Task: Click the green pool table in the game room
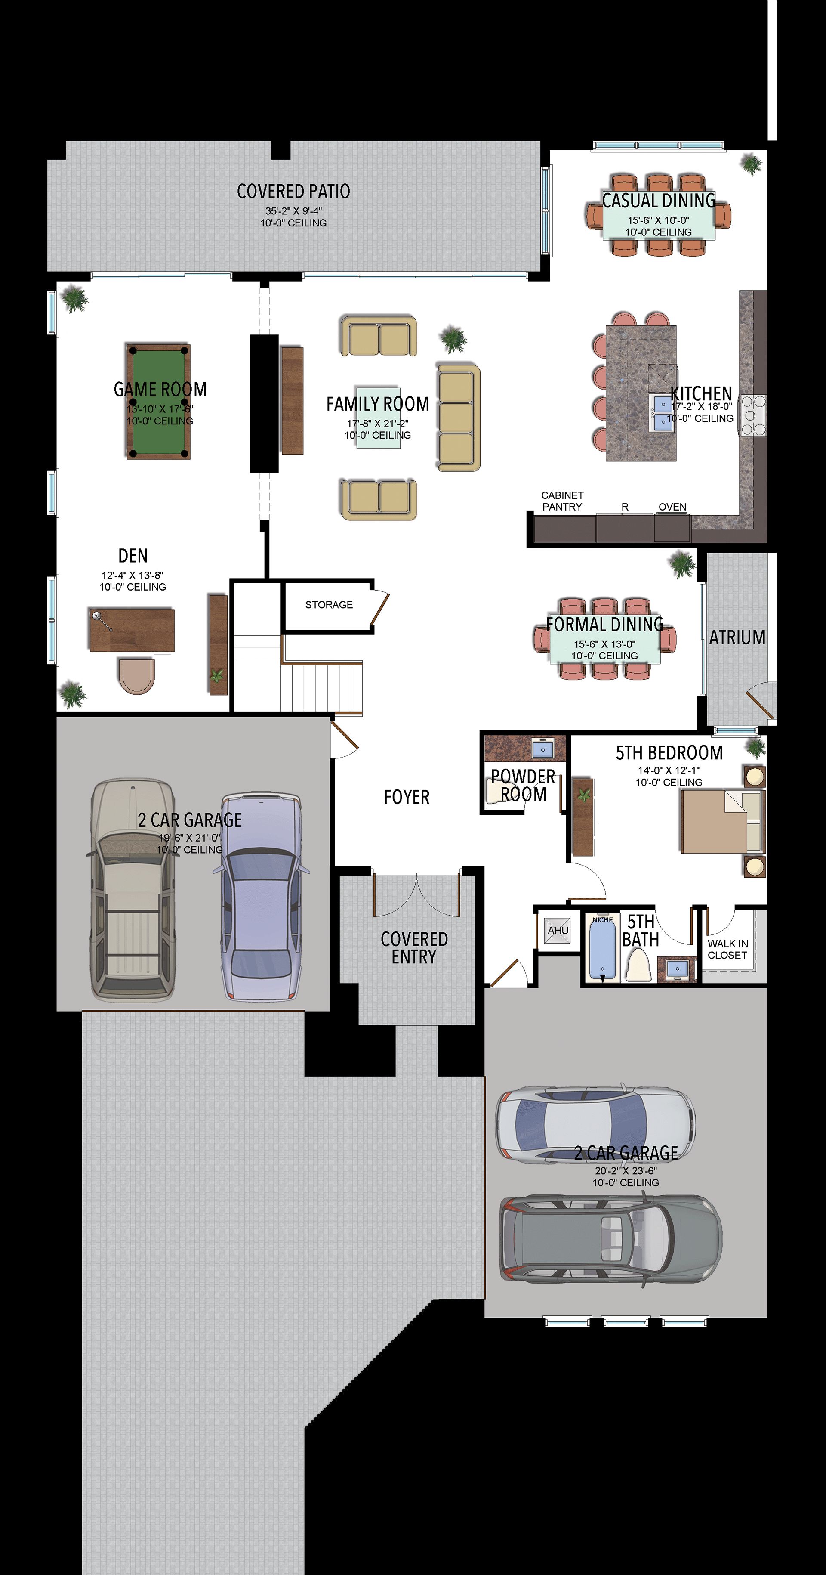[x=159, y=401]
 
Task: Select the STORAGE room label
[x=329, y=605]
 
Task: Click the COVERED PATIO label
[x=293, y=192]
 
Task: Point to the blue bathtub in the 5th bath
[x=602, y=950]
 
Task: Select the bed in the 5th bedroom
[x=723, y=821]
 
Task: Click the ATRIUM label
[x=737, y=637]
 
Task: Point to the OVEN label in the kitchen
[x=672, y=507]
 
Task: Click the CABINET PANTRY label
[x=562, y=501]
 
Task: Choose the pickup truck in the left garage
[x=133, y=890]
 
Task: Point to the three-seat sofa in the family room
[x=458, y=418]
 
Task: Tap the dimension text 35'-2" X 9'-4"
[x=293, y=211]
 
